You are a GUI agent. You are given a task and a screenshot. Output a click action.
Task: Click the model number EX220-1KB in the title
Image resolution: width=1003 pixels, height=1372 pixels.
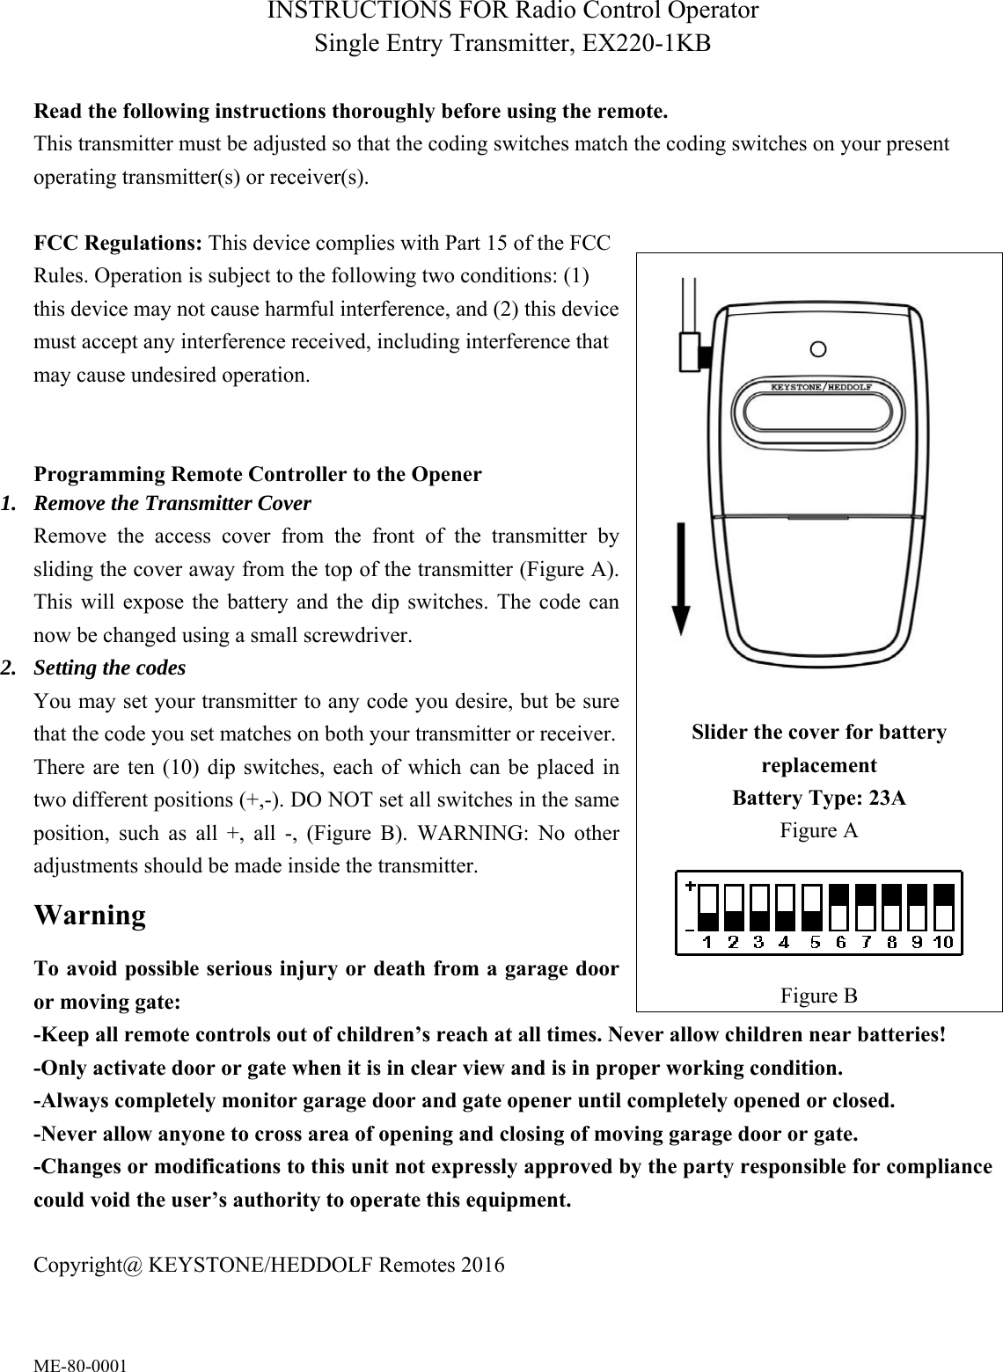[641, 43]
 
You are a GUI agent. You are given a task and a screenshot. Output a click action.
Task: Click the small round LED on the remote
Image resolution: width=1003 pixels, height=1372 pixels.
[818, 349]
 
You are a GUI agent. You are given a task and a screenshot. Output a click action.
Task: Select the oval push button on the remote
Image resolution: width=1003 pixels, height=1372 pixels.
[818, 414]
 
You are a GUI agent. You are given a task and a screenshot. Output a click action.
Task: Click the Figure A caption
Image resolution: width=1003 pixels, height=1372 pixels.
[819, 830]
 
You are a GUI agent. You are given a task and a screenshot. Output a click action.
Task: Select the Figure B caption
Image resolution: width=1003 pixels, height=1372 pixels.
[819, 996]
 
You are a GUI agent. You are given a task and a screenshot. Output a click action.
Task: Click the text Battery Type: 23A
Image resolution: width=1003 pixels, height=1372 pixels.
[819, 798]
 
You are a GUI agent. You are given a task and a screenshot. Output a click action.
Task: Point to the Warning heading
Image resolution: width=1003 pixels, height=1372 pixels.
[90, 916]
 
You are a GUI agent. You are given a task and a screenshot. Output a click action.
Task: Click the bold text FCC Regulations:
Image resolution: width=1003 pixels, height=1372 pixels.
[120, 242]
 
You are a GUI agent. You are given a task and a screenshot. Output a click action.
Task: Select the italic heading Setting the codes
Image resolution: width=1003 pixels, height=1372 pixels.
[109, 668]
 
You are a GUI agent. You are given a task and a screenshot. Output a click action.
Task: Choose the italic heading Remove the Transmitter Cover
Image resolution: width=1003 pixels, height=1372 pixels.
[172, 504]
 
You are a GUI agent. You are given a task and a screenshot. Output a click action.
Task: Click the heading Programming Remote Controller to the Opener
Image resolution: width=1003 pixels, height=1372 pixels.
[257, 474]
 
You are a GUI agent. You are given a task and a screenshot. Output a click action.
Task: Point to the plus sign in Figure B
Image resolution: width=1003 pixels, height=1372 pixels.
[691, 887]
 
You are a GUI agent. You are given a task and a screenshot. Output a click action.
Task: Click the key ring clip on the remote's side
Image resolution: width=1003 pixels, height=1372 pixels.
[693, 352]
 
